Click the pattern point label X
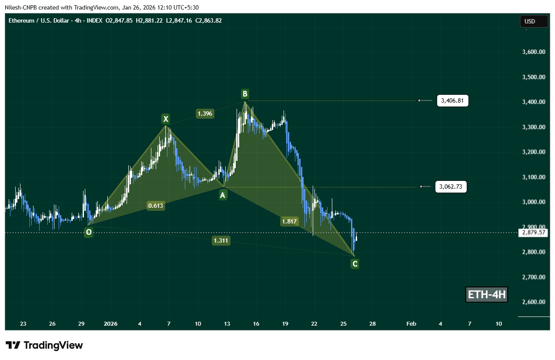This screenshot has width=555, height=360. pyautogui.click(x=165, y=119)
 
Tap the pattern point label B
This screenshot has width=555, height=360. pyautogui.click(x=245, y=93)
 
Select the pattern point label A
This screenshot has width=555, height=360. pyautogui.click(x=223, y=195)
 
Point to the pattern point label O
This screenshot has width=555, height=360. pyautogui.click(x=89, y=232)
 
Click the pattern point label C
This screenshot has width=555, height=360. pyautogui.click(x=355, y=263)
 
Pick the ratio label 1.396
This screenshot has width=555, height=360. pyautogui.click(x=204, y=113)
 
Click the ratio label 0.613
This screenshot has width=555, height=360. pyautogui.click(x=155, y=206)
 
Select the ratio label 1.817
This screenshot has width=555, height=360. pyautogui.click(x=289, y=221)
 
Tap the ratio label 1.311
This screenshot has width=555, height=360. pyautogui.click(x=221, y=240)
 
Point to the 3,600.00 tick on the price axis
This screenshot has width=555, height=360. pyautogui.click(x=533, y=52)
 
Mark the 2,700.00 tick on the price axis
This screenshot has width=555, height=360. pyautogui.click(x=533, y=277)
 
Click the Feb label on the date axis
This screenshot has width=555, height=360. pyautogui.click(x=411, y=324)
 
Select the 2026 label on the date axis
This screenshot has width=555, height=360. pyautogui.click(x=111, y=324)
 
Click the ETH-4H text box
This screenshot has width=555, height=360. pyautogui.click(x=486, y=295)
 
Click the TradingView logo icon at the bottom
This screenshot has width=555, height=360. pyautogui.click(x=13, y=346)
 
